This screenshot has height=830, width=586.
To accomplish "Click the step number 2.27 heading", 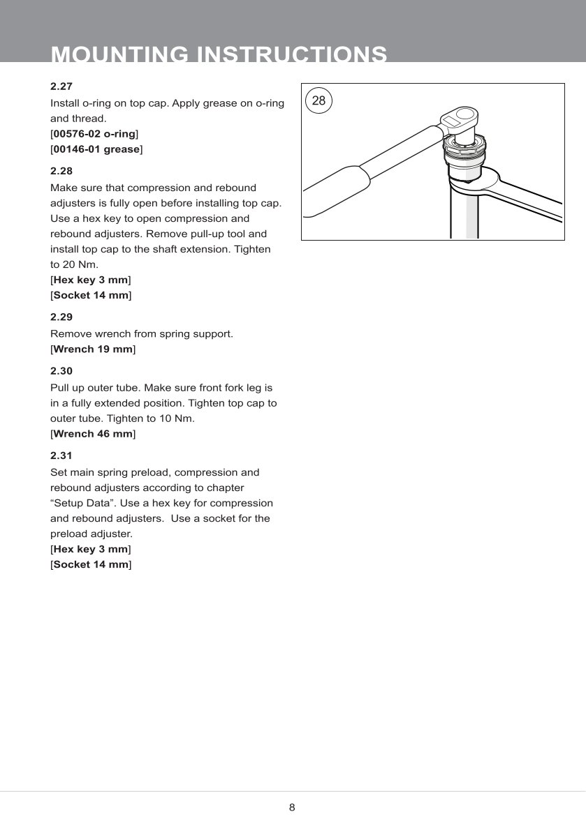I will click(61, 87).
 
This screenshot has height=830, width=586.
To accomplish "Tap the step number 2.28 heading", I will click(61, 171).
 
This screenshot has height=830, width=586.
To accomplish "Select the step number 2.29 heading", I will click(61, 317).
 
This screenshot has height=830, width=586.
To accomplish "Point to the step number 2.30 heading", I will click(61, 371).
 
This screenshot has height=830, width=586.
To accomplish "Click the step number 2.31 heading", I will click(61, 456).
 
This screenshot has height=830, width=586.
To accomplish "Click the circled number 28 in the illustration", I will click(318, 100).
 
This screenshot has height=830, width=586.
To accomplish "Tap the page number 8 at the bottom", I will click(292, 808).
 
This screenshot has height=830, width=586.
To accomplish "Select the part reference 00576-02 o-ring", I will click(94, 134).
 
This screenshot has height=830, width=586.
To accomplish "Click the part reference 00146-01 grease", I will click(96, 149).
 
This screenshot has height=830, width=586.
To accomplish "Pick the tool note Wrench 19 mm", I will click(93, 349).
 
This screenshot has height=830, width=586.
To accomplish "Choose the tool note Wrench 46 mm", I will click(93, 434).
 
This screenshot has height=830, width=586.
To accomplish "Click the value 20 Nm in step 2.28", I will click(65, 265).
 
